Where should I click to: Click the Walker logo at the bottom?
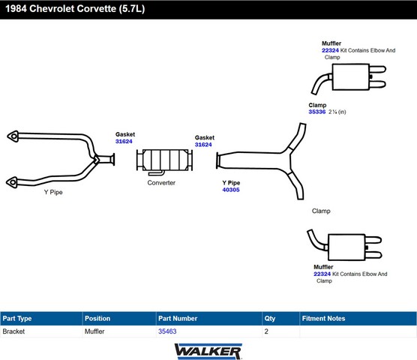208,352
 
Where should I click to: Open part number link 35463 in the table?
167,331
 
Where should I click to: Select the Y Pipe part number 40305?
231,190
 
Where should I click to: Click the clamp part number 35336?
317,112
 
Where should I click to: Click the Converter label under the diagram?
161,183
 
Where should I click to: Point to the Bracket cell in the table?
13,331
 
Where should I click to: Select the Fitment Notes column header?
323,318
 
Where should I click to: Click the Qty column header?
270,319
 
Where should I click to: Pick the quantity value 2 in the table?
266,331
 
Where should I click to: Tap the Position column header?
97,318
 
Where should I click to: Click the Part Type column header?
17,319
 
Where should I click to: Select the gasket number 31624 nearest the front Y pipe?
124,142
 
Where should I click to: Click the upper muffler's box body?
351,76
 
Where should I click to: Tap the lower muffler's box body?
346,247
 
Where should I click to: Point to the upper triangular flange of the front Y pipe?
13,136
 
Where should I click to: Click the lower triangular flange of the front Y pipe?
12,182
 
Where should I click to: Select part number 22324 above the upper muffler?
330,50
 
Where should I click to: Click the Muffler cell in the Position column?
94,331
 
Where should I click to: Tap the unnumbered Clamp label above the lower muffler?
321,211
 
